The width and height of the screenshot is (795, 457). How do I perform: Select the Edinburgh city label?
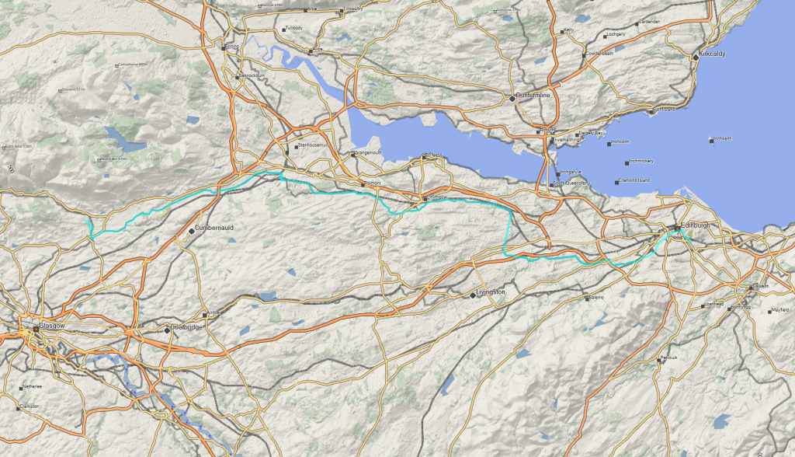point(694,226)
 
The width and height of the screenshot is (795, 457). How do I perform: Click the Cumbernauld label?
point(214,228)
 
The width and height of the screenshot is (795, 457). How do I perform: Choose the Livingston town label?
point(490,292)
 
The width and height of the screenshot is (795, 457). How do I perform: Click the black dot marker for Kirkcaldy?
point(696,56)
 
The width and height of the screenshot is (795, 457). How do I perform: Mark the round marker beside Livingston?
point(473,295)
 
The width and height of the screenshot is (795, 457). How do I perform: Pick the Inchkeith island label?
point(722,139)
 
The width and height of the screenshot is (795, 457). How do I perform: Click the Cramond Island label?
point(634,180)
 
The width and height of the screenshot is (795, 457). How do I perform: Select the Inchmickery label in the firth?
point(641,162)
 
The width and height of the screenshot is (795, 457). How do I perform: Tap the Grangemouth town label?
point(368,153)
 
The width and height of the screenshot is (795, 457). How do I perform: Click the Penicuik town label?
point(669,358)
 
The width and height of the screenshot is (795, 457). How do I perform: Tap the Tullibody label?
point(293,28)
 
